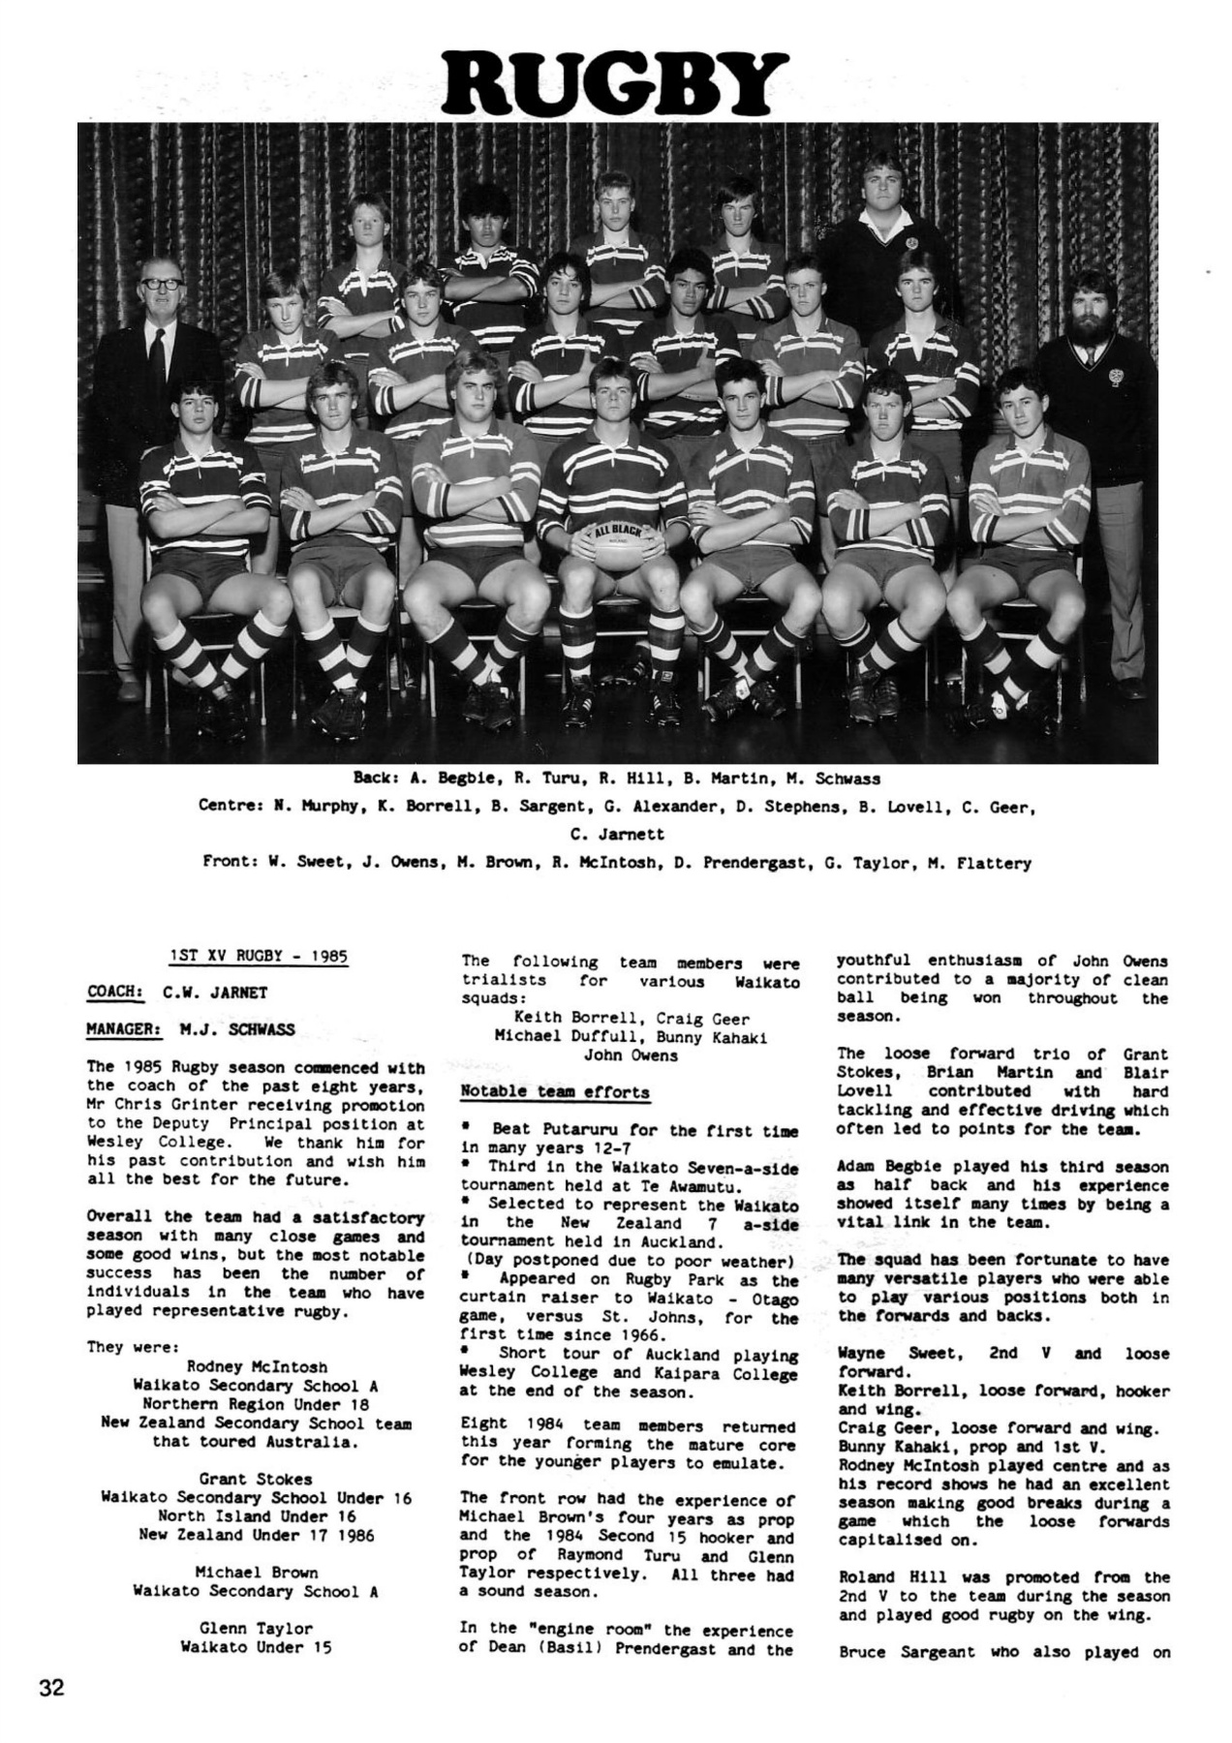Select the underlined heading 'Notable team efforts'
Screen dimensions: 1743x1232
point(555,1091)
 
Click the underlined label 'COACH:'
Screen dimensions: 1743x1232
point(115,992)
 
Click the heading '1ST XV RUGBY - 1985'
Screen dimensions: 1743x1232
point(258,956)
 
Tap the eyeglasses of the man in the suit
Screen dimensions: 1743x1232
point(160,284)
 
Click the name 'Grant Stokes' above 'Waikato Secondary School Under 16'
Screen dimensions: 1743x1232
point(256,1479)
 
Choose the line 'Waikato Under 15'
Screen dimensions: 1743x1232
point(256,1646)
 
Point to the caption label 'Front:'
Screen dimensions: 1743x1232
point(229,862)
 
